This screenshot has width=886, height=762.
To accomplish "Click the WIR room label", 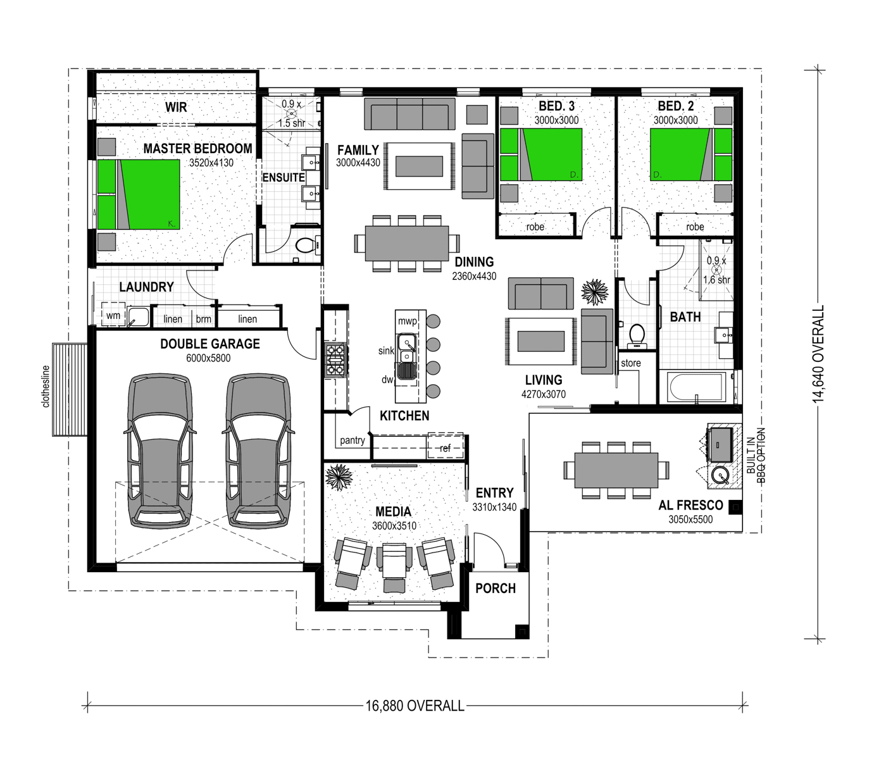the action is tap(176, 107).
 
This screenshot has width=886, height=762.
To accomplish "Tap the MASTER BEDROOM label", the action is tap(197, 148).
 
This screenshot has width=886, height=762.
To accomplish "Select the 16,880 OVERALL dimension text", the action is tap(415, 706).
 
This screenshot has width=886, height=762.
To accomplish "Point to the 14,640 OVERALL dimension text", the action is tap(818, 354).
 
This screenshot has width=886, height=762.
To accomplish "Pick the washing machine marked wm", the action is tap(113, 315).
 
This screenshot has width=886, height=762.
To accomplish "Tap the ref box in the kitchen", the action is tap(446, 447).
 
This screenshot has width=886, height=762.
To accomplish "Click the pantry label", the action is tap(353, 440).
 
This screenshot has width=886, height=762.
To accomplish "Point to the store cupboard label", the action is tap(631, 363).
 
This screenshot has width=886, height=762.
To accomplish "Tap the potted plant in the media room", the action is tap(339, 477).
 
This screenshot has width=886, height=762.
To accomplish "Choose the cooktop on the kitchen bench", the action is tap(335, 359).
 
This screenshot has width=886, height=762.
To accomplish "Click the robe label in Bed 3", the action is tap(535, 227).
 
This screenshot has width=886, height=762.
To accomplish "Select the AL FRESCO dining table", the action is tap(616, 470).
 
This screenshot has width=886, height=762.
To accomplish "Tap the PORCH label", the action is tap(496, 589).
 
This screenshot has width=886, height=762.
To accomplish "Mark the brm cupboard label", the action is tap(204, 319).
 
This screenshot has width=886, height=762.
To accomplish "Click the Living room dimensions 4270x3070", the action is tap(544, 394).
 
